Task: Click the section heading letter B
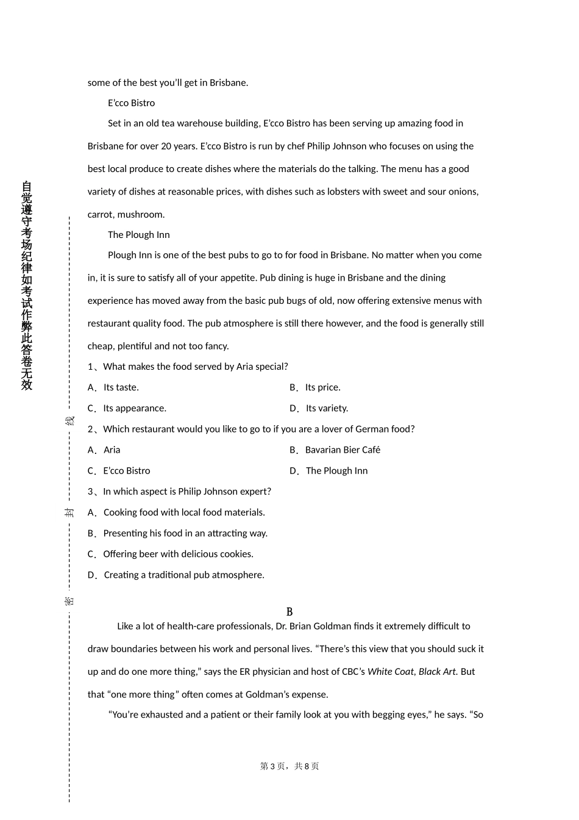(x=289, y=612)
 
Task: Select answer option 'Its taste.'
(x=121, y=387)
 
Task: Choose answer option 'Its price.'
(x=322, y=387)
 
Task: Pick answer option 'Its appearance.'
(x=135, y=408)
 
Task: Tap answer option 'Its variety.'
(x=327, y=408)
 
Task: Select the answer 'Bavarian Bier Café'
(x=343, y=450)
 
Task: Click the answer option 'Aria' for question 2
(x=112, y=450)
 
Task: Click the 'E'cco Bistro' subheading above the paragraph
(x=131, y=103)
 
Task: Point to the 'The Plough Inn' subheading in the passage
(x=138, y=235)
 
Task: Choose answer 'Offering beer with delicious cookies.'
(x=178, y=554)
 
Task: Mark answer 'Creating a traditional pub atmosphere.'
(x=184, y=575)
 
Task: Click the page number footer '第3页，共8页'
(x=289, y=766)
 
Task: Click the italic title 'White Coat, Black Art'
(x=412, y=672)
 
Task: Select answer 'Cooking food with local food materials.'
(x=184, y=512)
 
